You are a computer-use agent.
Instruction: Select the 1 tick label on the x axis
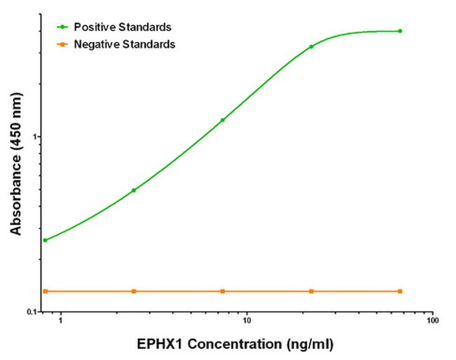(60, 321)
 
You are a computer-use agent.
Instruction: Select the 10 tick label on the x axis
(246, 321)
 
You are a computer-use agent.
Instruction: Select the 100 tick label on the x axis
(432, 321)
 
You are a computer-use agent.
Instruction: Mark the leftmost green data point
(45, 240)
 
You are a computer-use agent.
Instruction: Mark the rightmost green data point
(400, 31)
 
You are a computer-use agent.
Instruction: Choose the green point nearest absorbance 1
(222, 120)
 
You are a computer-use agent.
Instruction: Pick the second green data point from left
(133, 190)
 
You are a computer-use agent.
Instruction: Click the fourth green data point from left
(311, 47)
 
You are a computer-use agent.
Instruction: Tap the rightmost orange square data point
(400, 291)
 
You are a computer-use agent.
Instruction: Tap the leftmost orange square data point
(45, 291)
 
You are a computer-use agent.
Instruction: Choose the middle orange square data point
(222, 291)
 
